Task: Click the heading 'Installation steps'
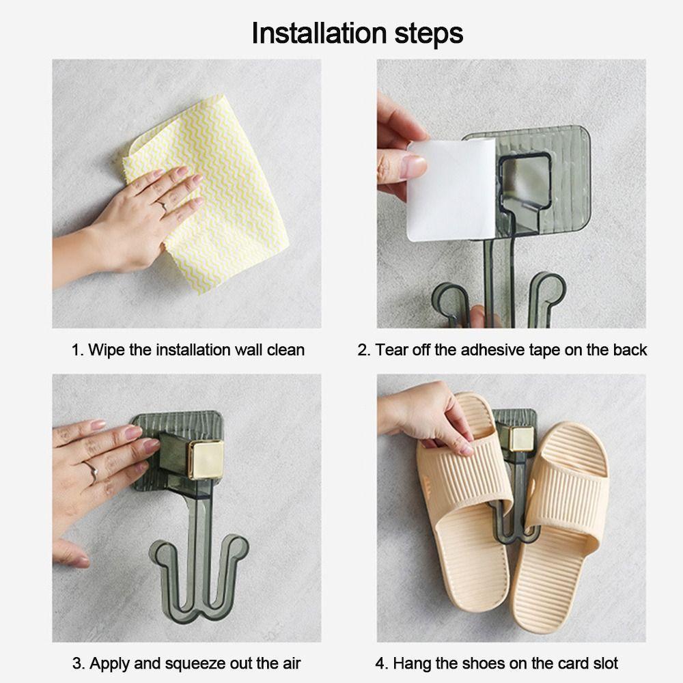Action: pos(357,33)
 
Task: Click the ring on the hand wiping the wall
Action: pos(163,206)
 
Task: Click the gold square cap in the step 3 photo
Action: pos(205,460)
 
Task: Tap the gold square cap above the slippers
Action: pos(521,438)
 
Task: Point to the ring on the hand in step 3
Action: pos(92,472)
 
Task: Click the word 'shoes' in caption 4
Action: pos(484,663)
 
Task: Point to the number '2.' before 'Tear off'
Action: pos(364,350)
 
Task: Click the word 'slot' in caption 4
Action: pos(605,663)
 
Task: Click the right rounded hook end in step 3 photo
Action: pos(238,547)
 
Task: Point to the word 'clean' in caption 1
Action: pos(285,350)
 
